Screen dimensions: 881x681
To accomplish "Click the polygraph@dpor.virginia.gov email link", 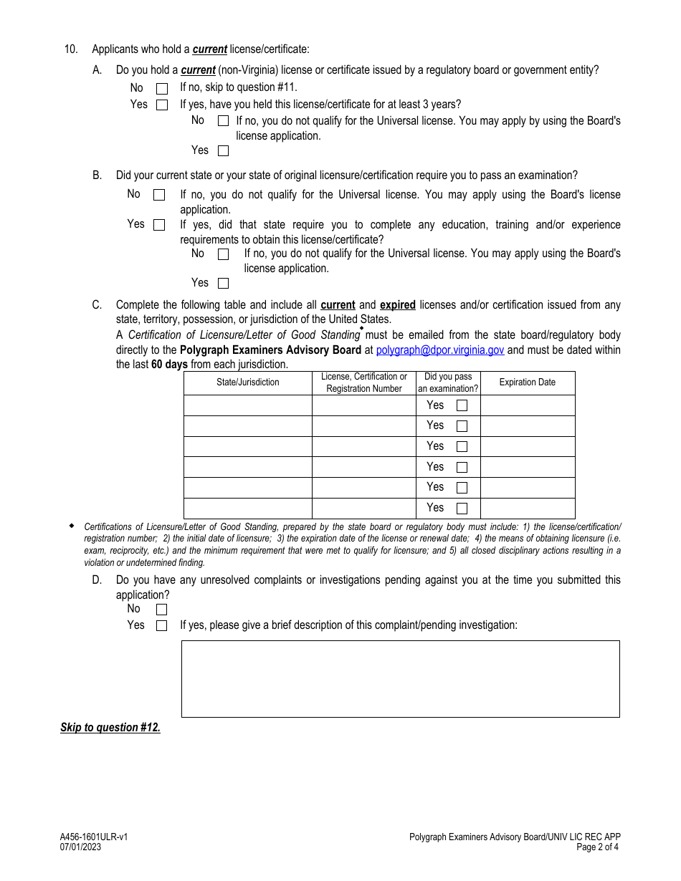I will [440, 350].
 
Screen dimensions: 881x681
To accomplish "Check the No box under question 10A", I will [162, 89].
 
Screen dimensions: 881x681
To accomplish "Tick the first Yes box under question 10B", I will [159, 225].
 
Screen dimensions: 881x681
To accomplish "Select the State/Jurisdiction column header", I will [248, 382].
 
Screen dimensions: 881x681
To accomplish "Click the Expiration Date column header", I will [528, 382].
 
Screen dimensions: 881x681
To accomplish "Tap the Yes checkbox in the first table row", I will [462, 405].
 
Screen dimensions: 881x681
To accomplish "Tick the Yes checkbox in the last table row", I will [462, 509].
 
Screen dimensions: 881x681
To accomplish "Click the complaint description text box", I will [400, 678].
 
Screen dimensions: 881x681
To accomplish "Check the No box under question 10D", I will [161, 610].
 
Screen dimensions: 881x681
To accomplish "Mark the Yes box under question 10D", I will [161, 626].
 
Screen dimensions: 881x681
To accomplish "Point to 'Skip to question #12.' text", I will [110, 728].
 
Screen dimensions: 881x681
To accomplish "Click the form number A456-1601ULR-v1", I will [94, 837].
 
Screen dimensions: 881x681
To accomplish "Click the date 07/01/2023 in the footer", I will [80, 847].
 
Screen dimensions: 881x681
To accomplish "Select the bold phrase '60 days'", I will [169, 365].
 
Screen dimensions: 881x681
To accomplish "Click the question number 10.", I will [70, 49].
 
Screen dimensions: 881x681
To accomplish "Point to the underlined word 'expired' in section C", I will [398, 305].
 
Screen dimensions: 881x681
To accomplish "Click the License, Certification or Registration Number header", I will [364, 382].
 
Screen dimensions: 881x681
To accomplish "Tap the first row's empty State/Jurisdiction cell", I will [248, 405].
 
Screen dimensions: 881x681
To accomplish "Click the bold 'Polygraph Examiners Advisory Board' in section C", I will [270, 350].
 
